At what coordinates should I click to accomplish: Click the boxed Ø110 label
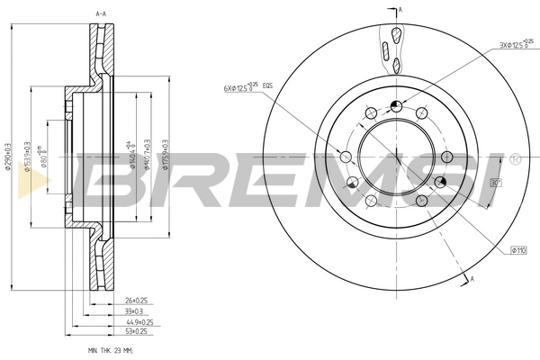(x=518, y=249)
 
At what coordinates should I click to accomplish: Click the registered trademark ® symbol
(x=514, y=158)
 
